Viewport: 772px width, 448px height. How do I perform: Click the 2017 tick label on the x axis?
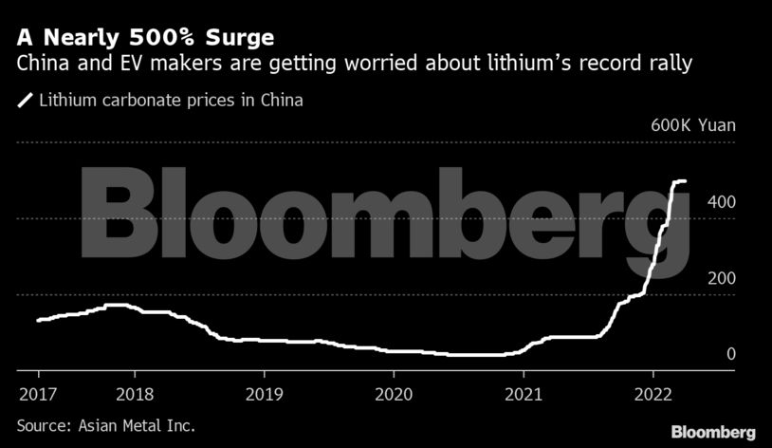(38, 393)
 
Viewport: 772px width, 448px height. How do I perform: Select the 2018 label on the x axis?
(134, 393)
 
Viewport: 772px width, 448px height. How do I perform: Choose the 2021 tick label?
(524, 393)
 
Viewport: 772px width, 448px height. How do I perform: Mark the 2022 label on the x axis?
(653, 393)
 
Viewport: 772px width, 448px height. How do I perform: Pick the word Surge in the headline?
(242, 39)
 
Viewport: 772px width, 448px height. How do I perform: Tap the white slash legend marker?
(26, 99)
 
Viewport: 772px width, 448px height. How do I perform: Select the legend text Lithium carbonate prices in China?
(171, 99)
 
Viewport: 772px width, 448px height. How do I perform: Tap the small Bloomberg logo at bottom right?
(713, 432)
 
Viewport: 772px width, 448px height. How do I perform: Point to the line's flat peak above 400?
(680, 180)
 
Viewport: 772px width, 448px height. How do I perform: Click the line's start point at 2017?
(38, 320)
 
